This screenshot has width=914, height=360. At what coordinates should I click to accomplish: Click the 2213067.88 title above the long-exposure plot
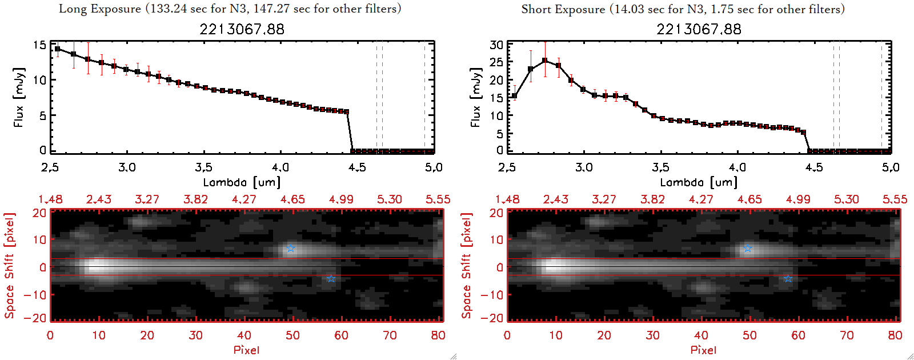[x=242, y=29]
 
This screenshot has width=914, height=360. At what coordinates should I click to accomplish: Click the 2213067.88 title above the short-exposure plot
[x=699, y=29]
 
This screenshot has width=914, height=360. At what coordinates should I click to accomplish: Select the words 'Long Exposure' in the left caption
[x=99, y=9]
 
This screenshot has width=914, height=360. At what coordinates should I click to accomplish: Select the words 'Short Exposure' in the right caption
[x=563, y=9]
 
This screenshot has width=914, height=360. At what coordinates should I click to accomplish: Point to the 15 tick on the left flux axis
[x=39, y=45]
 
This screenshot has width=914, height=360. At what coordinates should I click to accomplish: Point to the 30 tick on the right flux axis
[x=496, y=45]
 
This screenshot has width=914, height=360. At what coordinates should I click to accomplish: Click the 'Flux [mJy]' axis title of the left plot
[x=19, y=97]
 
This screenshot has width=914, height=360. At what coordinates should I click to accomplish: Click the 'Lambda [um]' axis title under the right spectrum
[x=699, y=182]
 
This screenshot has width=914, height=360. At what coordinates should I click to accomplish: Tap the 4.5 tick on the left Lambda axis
[x=357, y=167]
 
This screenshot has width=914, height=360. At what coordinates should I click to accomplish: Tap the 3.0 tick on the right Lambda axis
[x=584, y=167]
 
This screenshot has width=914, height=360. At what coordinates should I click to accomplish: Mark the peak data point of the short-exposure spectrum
[x=545, y=60]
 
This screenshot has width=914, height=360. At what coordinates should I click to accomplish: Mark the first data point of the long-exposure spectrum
[x=57, y=49]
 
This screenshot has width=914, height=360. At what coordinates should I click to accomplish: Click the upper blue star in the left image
[x=291, y=249]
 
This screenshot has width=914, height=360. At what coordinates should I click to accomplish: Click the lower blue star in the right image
[x=788, y=279]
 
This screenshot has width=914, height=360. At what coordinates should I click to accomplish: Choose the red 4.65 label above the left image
[x=292, y=199]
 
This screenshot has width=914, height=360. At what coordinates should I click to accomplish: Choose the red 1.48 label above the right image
[x=507, y=199]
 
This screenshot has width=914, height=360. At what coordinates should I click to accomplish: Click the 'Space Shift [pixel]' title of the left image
[x=9, y=266]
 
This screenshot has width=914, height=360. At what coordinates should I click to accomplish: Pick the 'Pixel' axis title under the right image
[x=703, y=350]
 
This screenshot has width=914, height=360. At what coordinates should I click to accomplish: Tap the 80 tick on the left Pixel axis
[x=438, y=335]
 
